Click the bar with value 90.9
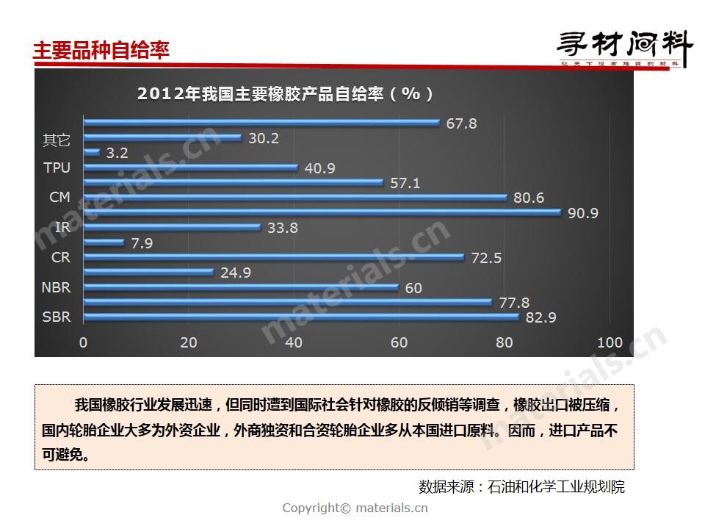(323, 213)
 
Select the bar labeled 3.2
(93, 153)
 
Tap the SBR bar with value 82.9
(302, 317)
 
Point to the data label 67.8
(461, 123)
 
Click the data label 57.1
(405, 183)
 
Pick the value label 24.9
(236, 273)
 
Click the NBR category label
(57, 287)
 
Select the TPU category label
(57, 168)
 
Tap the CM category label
(59, 198)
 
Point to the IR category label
(62, 228)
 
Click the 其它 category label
(57, 140)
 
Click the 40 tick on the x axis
(294, 342)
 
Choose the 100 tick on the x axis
(610, 342)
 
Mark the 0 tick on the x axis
(84, 342)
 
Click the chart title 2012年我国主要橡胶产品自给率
(285, 94)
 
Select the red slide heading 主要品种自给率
(101, 50)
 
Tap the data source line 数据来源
(521, 486)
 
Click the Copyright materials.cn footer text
(355, 508)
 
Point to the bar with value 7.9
(104, 242)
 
